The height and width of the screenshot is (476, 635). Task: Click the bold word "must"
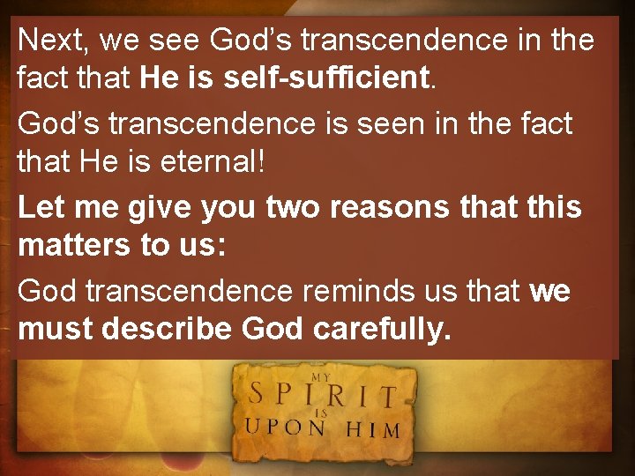[56, 330]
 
